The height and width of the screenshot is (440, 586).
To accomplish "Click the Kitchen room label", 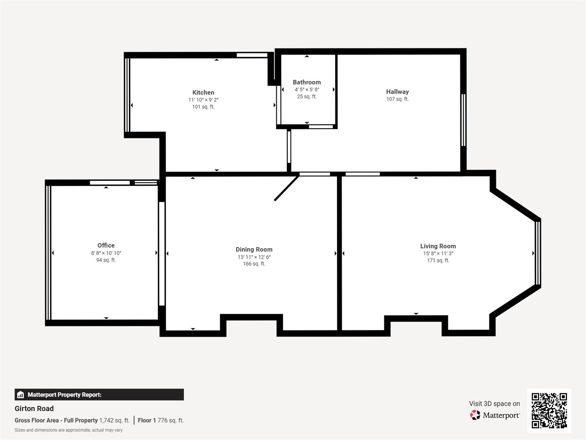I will pos(203,92).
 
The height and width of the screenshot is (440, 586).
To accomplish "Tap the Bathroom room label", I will pos(306,82).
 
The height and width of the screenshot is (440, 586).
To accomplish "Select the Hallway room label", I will pos(397,92).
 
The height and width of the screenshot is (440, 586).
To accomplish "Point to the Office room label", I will pos(106,245).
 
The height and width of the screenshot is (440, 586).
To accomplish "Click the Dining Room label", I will pos(254,249).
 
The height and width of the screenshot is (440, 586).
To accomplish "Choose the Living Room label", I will pos(438,246).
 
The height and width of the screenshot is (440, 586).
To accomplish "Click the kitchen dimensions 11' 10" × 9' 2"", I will pos(203,100).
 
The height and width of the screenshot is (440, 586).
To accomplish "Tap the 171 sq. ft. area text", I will pos(438,260).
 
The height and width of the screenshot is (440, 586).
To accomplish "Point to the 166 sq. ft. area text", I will pos(254,264).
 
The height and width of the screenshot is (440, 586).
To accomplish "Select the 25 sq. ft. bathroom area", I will pos(306,97).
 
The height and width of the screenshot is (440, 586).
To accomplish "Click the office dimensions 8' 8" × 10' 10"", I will pos(106,253).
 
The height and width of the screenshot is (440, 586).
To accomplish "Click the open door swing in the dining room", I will pos(286,188).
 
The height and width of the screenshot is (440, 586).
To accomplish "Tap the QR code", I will pos(549,410).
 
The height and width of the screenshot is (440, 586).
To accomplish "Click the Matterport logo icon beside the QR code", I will pos(475,415).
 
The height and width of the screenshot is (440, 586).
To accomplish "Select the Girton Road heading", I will pos(34,409).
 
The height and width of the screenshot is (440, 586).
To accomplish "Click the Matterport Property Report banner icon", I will pos(21,395).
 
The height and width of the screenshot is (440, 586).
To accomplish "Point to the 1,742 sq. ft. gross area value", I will pos(114,420).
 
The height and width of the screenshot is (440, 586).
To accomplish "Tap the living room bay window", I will pos(538,253).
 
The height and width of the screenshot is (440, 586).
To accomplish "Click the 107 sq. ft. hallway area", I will pos(397,99).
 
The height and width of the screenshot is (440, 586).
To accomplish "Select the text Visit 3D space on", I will pos(494,404).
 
